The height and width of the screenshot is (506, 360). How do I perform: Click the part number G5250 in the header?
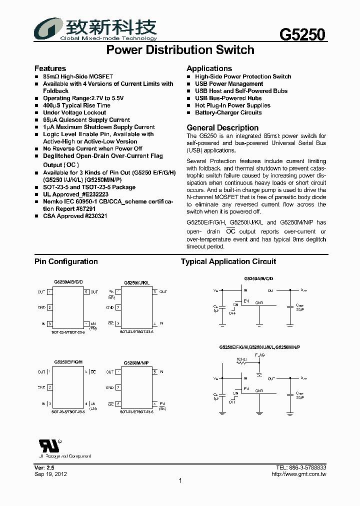click(x=302, y=34)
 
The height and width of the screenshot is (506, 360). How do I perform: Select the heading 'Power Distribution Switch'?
click(x=180, y=50)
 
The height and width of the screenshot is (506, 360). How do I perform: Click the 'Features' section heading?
click(x=50, y=68)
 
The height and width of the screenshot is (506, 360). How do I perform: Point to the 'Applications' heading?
click(x=209, y=68)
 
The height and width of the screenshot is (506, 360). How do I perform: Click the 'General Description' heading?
click(x=222, y=127)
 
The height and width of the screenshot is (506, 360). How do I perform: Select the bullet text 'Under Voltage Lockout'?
click(x=74, y=112)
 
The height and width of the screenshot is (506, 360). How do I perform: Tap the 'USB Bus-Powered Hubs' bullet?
click(x=228, y=98)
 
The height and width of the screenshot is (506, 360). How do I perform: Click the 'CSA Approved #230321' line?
click(x=75, y=216)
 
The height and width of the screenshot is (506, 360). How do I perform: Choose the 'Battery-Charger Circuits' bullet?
click(x=228, y=112)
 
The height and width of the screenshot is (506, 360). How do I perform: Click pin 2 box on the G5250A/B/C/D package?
click(x=49, y=307)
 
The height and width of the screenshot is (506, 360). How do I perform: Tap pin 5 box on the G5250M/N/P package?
click(x=155, y=372)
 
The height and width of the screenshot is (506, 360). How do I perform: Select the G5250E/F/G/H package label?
click(x=68, y=361)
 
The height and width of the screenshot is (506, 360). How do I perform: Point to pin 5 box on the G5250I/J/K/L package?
click(x=155, y=291)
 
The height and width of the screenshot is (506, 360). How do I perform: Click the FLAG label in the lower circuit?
click(x=259, y=354)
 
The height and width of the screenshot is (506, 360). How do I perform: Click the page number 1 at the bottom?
click(x=180, y=481)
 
